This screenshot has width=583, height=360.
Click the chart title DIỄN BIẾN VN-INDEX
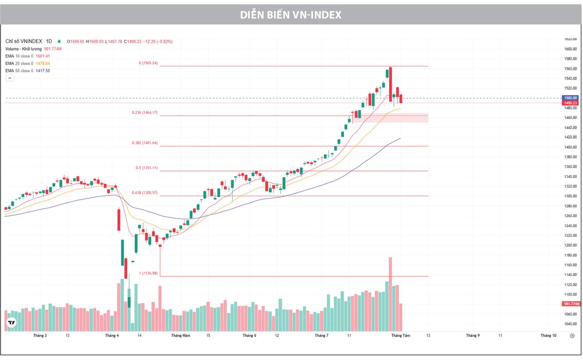[291, 15]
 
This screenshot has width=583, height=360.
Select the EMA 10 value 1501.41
[43, 56]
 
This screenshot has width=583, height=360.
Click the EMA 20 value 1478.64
[43, 64]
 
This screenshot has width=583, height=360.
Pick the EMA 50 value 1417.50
[43, 71]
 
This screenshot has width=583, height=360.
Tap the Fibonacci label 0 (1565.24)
[148, 63]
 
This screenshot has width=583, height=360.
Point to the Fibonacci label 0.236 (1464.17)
[144, 113]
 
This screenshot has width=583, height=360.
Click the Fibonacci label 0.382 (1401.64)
[144, 143]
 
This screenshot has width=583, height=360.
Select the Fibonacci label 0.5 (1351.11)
[146, 168]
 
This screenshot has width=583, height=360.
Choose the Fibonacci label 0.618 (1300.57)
[144, 193]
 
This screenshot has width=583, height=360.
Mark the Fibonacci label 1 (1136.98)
[148, 274]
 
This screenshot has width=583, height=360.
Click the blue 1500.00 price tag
[570, 98]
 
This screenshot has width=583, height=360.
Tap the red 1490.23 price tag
[570, 103]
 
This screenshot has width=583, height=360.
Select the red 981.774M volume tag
[571, 304]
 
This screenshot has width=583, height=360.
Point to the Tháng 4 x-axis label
[112, 336]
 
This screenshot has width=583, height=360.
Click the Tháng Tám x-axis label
[400, 336]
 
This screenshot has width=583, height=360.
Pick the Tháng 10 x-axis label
[548, 336]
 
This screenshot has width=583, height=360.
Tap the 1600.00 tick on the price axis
[570, 49]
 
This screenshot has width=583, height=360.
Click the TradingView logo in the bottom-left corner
[11, 322]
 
